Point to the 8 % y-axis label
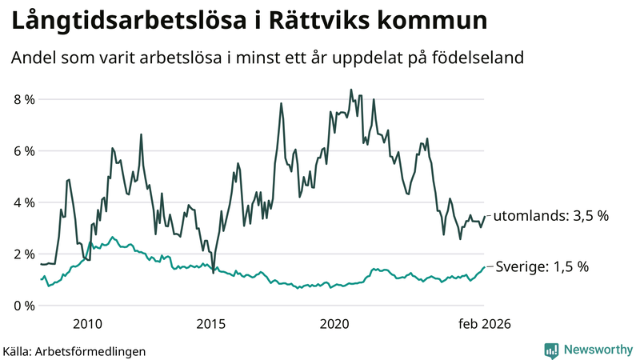[24, 99]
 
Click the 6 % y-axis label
[24, 151]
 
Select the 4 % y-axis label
[24, 202]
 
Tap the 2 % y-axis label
[24, 254]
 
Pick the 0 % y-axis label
[24, 306]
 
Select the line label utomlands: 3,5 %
[551, 216]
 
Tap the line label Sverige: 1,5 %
[542, 267]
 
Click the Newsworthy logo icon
[551, 350]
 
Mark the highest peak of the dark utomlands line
[351, 90]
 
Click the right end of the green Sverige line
[484, 267]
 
